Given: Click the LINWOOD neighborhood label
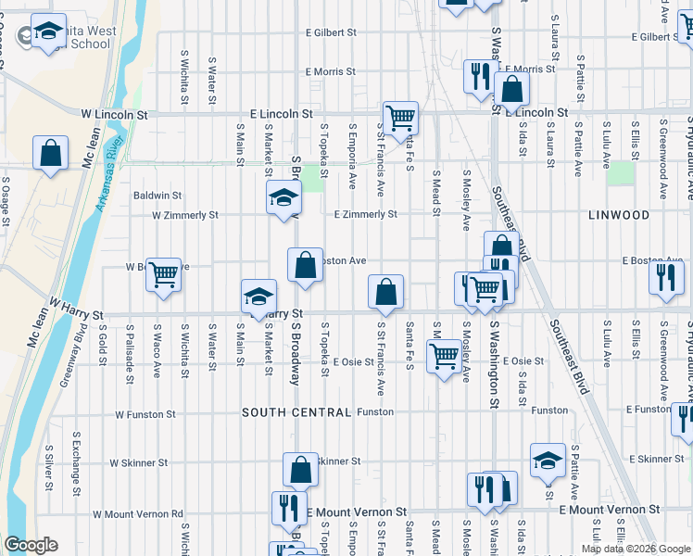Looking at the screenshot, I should (619, 215).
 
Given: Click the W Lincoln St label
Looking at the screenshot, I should (115, 114).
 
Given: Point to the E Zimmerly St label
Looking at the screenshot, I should (365, 214).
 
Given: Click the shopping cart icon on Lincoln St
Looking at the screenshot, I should (400, 118).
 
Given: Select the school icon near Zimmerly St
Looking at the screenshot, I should (284, 197).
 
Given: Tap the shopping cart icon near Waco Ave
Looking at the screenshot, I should (163, 273).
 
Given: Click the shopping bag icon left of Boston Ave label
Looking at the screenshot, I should (305, 266).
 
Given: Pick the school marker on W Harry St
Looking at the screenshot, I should (258, 296).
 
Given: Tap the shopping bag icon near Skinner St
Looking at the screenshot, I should (300, 471).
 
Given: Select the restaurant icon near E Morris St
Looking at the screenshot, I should (480, 76).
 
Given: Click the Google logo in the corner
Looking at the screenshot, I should (31, 545).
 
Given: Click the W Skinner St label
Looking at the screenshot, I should (138, 462).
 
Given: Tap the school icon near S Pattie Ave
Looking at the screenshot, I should (548, 460).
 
